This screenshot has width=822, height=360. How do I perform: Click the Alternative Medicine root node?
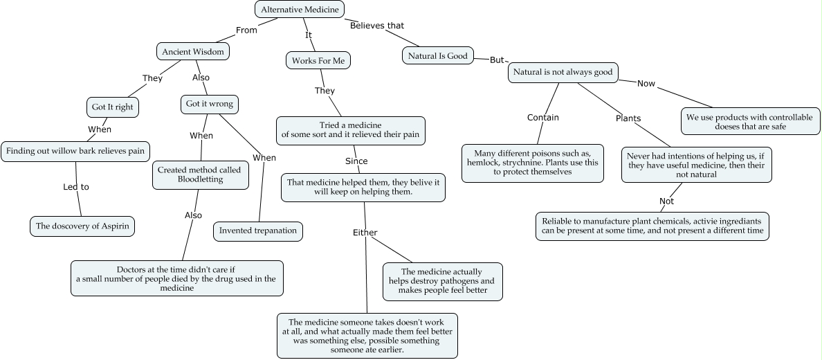click(x=300, y=9)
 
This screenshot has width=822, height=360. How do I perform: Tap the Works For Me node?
click(x=318, y=61)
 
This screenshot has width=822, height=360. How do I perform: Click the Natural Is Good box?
click(x=437, y=55)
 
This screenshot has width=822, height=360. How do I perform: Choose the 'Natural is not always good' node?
click(x=563, y=72)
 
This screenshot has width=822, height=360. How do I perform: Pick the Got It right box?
click(x=112, y=107)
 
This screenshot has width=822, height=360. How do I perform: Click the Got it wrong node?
click(x=209, y=105)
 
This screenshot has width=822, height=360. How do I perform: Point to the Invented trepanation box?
click(x=258, y=231)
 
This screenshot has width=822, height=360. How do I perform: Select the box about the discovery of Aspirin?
click(x=82, y=226)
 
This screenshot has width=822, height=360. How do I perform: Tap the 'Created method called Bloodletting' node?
click(x=201, y=175)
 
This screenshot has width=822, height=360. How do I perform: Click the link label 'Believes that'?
click(x=376, y=26)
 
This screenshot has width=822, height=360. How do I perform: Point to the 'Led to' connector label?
click(x=76, y=187)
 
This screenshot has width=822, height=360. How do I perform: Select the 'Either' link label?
click(x=365, y=233)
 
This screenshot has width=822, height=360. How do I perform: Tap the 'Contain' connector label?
click(x=542, y=118)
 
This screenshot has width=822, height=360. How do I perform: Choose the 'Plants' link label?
click(x=628, y=118)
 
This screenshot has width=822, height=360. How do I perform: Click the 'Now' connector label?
click(x=646, y=84)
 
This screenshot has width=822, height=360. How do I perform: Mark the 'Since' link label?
click(x=356, y=161)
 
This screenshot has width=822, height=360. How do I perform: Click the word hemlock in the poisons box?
click(x=485, y=162)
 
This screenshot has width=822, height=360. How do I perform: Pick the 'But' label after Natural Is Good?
click(x=497, y=60)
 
